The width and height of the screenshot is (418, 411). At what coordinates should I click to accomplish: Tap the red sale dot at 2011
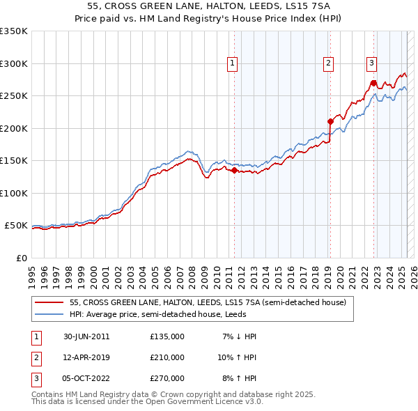coord(235,170)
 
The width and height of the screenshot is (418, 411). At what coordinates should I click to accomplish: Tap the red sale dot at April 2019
coord(330,121)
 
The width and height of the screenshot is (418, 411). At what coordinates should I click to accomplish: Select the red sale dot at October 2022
coord(373,82)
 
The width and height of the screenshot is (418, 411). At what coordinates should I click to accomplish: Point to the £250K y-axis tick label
coord(13,95)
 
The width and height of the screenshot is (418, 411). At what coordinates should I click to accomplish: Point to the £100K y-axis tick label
coord(13,193)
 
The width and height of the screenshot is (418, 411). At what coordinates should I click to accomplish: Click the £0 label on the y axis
coord(21,258)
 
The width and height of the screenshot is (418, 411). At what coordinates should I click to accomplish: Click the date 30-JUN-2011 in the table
coord(85,336)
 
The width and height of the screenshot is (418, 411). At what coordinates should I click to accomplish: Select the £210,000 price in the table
coord(167,357)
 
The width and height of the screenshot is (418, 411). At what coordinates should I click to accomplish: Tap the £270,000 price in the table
coord(167,378)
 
